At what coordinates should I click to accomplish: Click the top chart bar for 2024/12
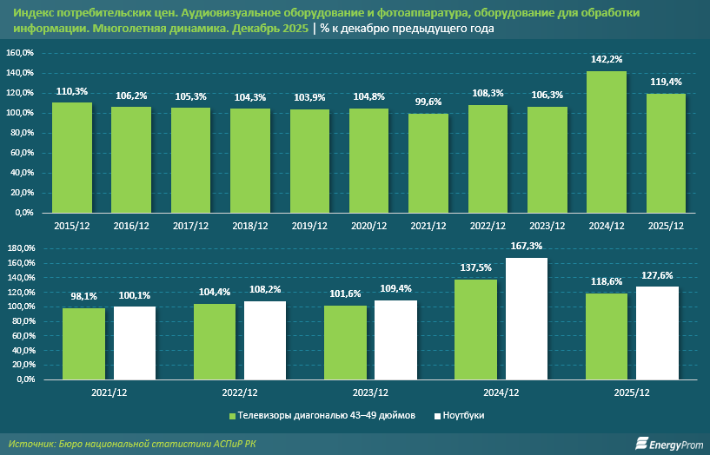pyautogui.click(x=607, y=142)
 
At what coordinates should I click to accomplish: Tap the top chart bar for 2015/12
pyautogui.click(x=72, y=157)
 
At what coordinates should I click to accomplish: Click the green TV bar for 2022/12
pyautogui.click(x=215, y=341)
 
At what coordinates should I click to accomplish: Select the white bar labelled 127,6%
pyautogui.click(x=657, y=333)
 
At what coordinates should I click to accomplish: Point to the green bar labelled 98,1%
pyautogui.click(x=84, y=344)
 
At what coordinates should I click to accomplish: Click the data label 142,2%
pyautogui.click(x=607, y=60)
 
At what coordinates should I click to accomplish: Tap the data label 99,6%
pyautogui.click(x=428, y=102)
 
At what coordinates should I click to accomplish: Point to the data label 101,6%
pyautogui.click(x=345, y=294)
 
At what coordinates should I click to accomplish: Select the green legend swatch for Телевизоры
pyautogui.click(x=233, y=416)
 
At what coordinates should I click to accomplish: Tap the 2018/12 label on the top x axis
pyautogui.click(x=250, y=226)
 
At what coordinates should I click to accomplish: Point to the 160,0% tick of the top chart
pyautogui.click(x=20, y=53)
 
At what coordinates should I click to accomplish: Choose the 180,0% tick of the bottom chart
pyautogui.click(x=20, y=248)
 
